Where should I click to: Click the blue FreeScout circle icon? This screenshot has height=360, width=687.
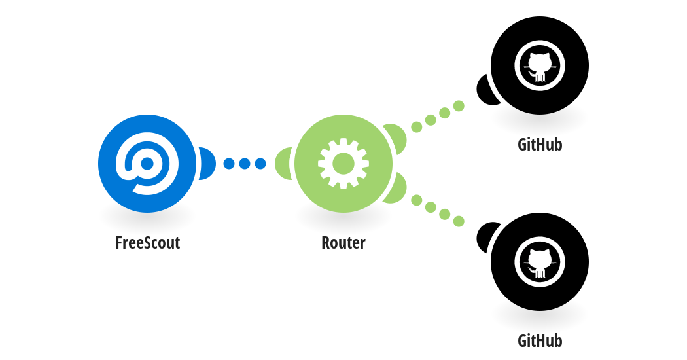click(147, 164)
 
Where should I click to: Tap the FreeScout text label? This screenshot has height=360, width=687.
click(148, 242)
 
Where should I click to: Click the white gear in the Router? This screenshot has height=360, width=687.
click(343, 164)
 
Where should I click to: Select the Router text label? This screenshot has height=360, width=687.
click(343, 242)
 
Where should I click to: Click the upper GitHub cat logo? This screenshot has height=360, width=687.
click(540, 65)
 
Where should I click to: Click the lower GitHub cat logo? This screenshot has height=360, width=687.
click(540, 262)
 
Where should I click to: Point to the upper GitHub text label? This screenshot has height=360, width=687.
click(540, 144)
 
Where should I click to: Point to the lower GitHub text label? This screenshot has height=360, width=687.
click(540, 341)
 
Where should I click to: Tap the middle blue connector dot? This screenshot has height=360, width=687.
click(245, 164)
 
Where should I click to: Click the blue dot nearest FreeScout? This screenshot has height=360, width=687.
click(229, 164)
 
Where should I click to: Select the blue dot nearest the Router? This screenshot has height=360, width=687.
click(260, 164)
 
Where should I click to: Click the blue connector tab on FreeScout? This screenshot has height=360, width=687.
click(207, 164)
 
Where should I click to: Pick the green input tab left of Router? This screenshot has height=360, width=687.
click(283, 164)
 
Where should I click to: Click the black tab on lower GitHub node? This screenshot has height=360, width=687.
click(485, 237)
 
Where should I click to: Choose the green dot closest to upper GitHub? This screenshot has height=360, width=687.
click(459, 105)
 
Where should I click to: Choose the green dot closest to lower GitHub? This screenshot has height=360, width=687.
click(459, 221)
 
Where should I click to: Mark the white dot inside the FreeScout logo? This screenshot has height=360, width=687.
click(147, 164)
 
